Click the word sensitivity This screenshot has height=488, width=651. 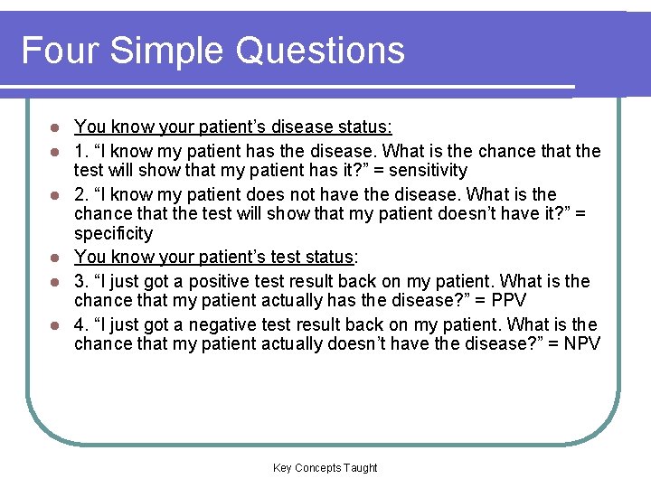[x=427, y=171]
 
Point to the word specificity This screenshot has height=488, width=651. [x=114, y=234]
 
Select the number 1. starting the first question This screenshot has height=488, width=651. [x=80, y=151]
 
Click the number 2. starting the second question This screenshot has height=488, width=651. [x=80, y=194]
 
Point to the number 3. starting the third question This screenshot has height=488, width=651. [x=80, y=281]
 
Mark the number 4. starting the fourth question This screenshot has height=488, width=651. [x=80, y=324]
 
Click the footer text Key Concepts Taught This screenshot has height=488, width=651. [x=325, y=468]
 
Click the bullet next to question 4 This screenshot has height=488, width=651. [x=54, y=324]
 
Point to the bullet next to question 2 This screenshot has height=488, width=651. [x=54, y=194]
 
